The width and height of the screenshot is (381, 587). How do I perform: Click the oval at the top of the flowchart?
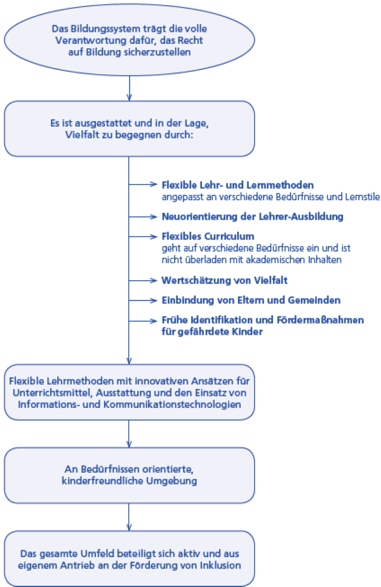pyautogui.click(x=129, y=39)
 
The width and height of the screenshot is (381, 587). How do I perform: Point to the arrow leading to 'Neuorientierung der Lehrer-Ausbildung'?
pyautogui.click(x=142, y=217)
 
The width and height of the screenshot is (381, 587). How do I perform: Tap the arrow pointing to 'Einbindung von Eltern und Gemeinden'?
pyautogui.click(x=142, y=300)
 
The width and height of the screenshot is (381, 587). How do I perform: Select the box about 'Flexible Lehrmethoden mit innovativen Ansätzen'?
pyautogui.click(x=129, y=392)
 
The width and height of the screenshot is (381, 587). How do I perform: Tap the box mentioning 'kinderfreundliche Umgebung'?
pyautogui.click(x=129, y=475)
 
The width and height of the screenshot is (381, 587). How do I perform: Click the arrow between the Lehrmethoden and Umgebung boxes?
pyautogui.click(x=129, y=434)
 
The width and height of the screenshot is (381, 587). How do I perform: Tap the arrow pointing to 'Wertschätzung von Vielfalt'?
pyautogui.click(x=142, y=280)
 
